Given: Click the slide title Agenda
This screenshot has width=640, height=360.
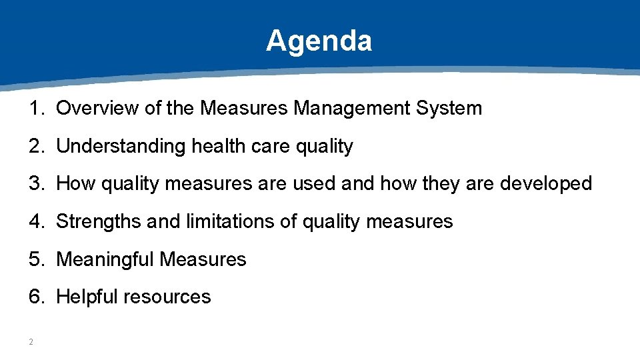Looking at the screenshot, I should (x=319, y=41).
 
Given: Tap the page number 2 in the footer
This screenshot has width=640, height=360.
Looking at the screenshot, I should (x=31, y=342).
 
